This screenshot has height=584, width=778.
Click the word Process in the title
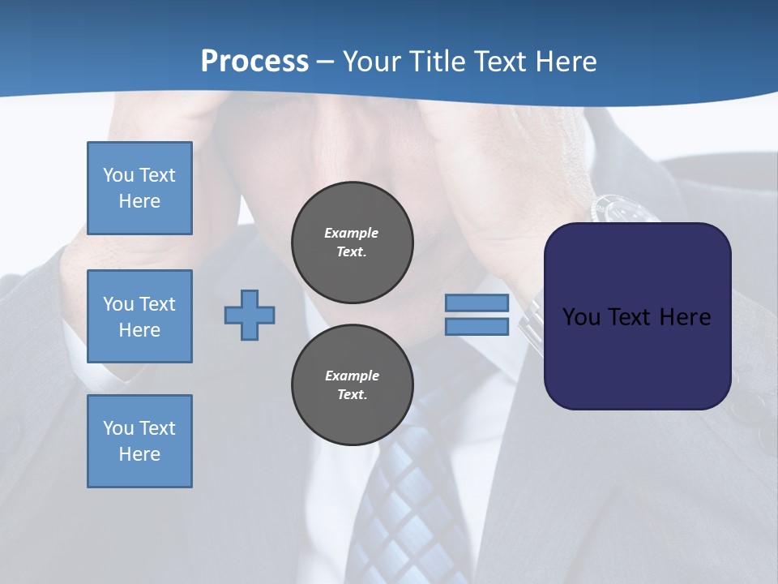[254, 62]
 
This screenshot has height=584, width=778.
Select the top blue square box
[139, 188]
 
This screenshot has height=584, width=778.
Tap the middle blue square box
[139, 316]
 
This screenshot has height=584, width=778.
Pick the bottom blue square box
[139, 441]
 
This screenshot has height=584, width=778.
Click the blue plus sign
[250, 315]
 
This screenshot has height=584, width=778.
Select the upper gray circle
[353, 243]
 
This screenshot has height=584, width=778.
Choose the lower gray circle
[353, 385]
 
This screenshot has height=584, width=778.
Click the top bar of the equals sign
[477, 303]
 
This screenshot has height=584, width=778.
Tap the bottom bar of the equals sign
[477, 327]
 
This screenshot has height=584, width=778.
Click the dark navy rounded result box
[637, 316]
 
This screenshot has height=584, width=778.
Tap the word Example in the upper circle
[351, 233]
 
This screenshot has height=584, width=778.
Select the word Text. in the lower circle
[352, 395]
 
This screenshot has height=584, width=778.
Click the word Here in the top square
[139, 201]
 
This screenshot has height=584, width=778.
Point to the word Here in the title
[565, 62]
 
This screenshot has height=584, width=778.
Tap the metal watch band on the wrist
[531, 320]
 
